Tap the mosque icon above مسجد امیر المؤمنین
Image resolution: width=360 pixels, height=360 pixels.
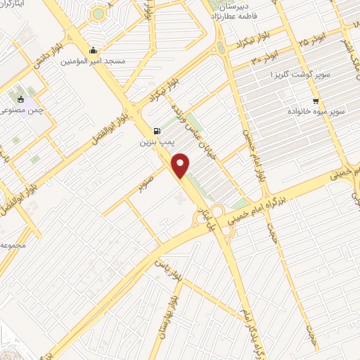pos(94,50)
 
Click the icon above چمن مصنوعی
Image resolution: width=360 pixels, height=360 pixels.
pos(20,99)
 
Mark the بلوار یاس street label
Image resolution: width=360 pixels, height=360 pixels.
pos(171,274)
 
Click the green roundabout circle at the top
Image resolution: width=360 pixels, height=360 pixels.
pos(98,13)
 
